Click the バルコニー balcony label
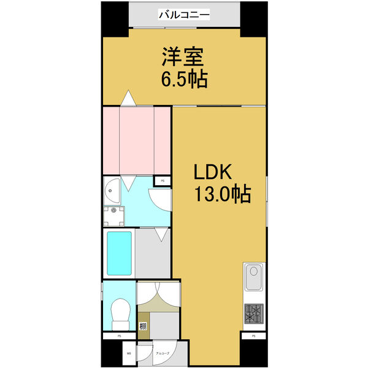185,13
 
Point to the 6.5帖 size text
183,79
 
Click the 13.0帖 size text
222,195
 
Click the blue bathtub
119,253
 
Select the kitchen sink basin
254,278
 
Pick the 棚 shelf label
143,325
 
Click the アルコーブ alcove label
163,353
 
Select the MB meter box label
129,353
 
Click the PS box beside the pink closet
163,180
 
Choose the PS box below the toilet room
120,336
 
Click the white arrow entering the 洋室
128,97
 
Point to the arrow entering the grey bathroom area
161,234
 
